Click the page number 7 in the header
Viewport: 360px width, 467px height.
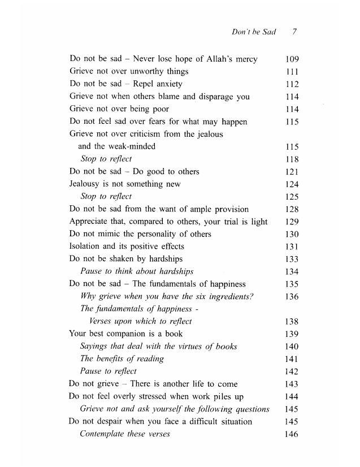(295, 32)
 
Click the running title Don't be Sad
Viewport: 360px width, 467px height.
(254, 32)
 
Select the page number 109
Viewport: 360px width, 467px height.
(292, 59)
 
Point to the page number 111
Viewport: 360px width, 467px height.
(292, 72)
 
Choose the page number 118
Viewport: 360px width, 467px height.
(292, 159)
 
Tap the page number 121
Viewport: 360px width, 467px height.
(292, 171)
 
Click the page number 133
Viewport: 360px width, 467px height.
(292, 259)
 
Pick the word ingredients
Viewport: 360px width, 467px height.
(227, 296)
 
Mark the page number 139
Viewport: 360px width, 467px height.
(292, 334)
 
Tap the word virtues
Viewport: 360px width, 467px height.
(189, 346)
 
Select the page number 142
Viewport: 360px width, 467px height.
(292, 371)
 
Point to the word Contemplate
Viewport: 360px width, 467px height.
(103, 434)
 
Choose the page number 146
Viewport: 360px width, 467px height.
(292, 434)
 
